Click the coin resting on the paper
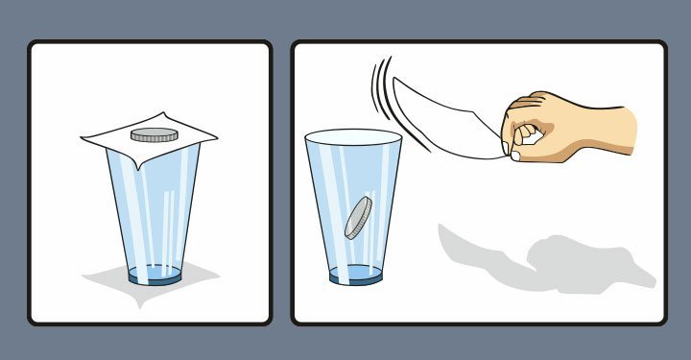154,133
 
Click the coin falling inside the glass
357,218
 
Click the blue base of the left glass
155,277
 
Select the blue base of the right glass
355,276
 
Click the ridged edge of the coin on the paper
154,139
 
